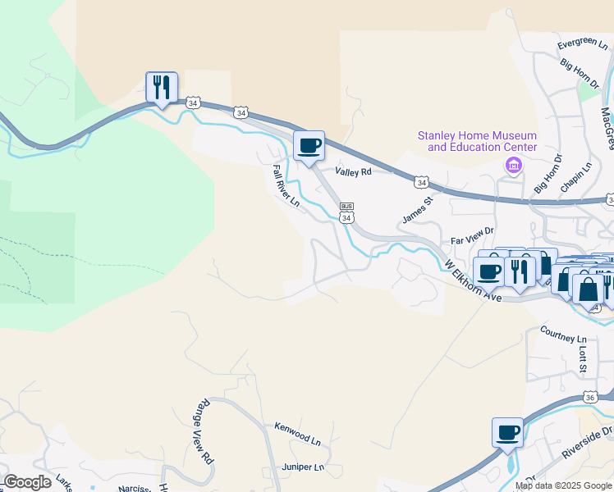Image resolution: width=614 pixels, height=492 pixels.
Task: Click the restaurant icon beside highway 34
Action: pyautogui.click(x=161, y=87)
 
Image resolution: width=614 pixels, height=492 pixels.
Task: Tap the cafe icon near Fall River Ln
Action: pyautogui.click(x=309, y=146)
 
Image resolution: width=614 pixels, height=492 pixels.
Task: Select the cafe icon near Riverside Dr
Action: pyautogui.click(x=507, y=432)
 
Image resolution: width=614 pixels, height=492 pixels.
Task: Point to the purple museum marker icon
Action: pyautogui.click(x=514, y=167)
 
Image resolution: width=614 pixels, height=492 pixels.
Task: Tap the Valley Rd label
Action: pyautogui.click(x=353, y=171)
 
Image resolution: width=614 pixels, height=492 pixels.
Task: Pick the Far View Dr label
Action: pyautogui.click(x=472, y=241)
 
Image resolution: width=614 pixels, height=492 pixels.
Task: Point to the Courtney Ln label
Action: pyautogui.click(x=563, y=333)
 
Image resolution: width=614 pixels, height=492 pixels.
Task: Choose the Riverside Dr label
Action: pyautogui.click(x=587, y=442)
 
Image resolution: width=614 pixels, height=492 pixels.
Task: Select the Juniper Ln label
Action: pyautogui.click(x=302, y=467)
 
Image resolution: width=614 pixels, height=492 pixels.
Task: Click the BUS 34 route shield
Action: pyautogui.click(x=346, y=212)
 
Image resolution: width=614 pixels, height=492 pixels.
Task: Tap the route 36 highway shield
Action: pyautogui.click(x=589, y=397)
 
